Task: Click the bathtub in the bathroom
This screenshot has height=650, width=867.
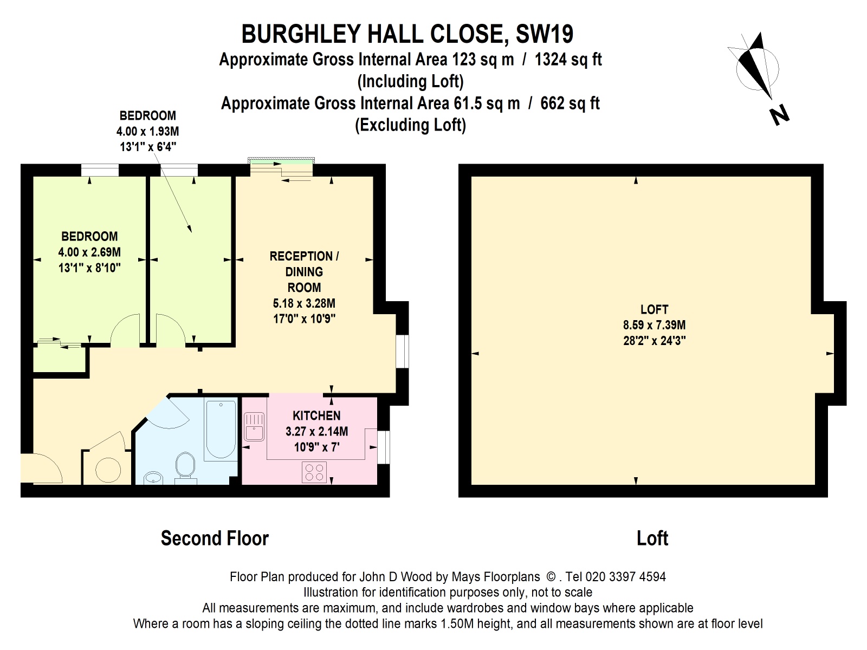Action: click(x=221, y=430)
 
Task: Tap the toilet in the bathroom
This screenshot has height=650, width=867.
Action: click(x=185, y=466)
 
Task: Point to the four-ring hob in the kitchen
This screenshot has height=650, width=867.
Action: click(x=314, y=471)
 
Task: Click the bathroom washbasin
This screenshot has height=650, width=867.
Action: click(x=154, y=478)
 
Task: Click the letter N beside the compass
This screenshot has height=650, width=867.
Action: click(x=779, y=115)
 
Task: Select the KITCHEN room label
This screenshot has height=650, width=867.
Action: click(x=316, y=416)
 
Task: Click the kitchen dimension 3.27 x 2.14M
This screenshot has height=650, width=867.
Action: click(x=316, y=432)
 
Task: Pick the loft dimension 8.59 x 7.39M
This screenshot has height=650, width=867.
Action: click(x=654, y=325)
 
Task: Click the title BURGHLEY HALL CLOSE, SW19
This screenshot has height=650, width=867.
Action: click(x=407, y=34)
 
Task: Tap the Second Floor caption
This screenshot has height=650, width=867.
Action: click(x=215, y=538)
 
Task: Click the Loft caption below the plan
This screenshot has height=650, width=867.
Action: click(x=652, y=538)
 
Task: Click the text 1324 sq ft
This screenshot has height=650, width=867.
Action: click(x=568, y=59)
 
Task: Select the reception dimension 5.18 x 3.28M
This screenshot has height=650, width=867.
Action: click(x=304, y=303)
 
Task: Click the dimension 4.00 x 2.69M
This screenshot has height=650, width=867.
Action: click(x=89, y=252)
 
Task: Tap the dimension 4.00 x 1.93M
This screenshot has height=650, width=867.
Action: click(x=147, y=131)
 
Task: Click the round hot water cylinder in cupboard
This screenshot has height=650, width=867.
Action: click(x=108, y=470)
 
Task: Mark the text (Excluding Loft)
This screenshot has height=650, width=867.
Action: click(x=410, y=125)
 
